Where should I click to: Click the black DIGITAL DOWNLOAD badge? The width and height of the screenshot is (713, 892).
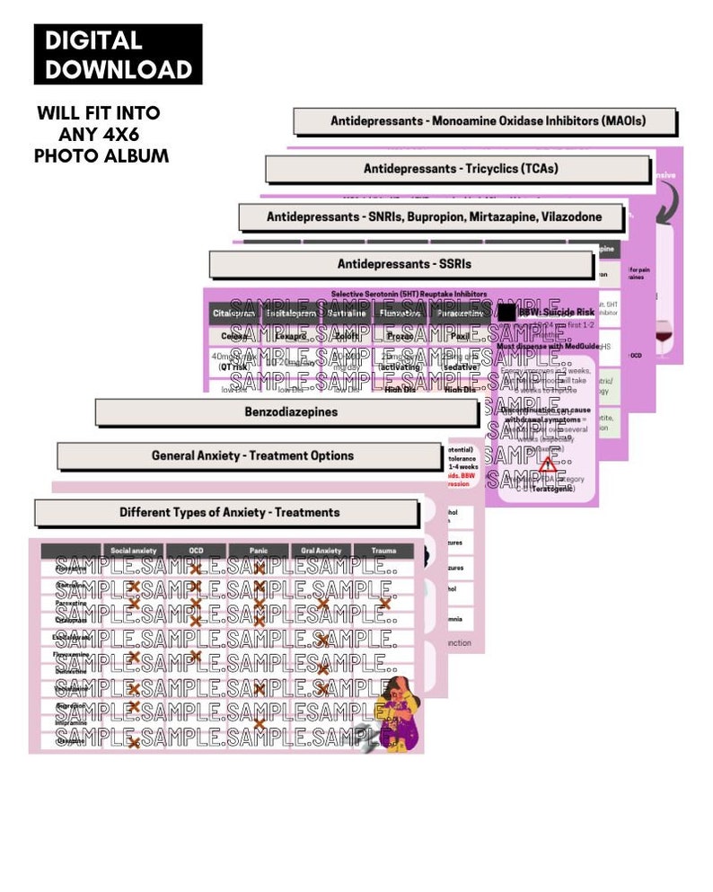[119, 55]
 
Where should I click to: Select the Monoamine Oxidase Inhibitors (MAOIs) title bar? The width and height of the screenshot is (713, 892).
[488, 120]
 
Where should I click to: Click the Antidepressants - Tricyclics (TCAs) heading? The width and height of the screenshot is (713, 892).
[460, 169]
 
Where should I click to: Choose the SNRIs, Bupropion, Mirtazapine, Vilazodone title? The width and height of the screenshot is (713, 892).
[433, 216]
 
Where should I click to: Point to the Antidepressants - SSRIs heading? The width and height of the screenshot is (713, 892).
[404, 264]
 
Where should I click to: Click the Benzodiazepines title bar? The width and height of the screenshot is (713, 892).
[287, 412]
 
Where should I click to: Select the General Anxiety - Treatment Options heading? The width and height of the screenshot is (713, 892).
[252, 455]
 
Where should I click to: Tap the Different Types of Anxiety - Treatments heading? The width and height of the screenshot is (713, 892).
[229, 512]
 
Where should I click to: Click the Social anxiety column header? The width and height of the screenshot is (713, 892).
[133, 551]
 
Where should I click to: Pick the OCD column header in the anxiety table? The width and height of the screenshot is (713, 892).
[196, 551]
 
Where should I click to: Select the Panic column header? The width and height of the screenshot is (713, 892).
[259, 551]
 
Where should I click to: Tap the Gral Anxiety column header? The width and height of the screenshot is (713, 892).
[321, 551]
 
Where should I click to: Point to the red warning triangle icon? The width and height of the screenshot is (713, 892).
[547, 464]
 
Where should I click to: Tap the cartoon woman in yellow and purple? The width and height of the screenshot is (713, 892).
[397, 714]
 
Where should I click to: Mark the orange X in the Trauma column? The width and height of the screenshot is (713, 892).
[385, 604]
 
